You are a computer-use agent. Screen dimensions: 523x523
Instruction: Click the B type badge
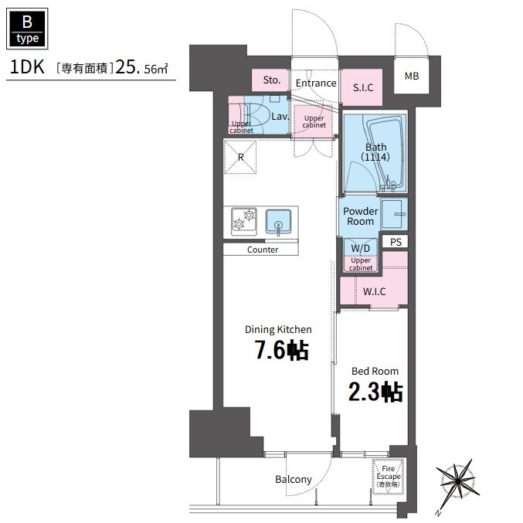(x=27, y=29)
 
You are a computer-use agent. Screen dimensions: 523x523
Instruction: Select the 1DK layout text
(x=27, y=66)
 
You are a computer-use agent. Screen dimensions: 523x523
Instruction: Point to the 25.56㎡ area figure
(x=141, y=67)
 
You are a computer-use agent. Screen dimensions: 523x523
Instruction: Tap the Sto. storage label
(x=271, y=80)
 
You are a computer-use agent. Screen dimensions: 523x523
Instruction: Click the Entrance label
(x=316, y=83)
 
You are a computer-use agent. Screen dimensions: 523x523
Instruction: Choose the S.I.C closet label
(x=363, y=87)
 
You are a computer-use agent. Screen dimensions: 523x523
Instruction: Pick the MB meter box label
(x=412, y=76)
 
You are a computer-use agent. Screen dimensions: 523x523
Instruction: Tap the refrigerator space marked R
(x=240, y=157)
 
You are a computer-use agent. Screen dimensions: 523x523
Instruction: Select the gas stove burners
(x=244, y=220)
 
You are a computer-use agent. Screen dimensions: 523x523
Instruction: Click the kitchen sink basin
(x=279, y=221)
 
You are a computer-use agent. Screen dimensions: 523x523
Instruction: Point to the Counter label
(x=263, y=250)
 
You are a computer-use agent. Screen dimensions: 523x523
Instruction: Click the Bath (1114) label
(x=375, y=151)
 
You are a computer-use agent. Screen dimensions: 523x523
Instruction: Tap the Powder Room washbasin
(x=394, y=214)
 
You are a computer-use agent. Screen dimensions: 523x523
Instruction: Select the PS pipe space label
(x=396, y=242)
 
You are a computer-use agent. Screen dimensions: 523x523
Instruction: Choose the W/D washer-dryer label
(x=361, y=248)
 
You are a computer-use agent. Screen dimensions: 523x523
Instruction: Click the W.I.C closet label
(x=374, y=291)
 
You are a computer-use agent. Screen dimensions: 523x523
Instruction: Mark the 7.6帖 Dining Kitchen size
(x=282, y=350)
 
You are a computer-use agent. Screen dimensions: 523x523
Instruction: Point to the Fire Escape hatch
(x=388, y=477)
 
